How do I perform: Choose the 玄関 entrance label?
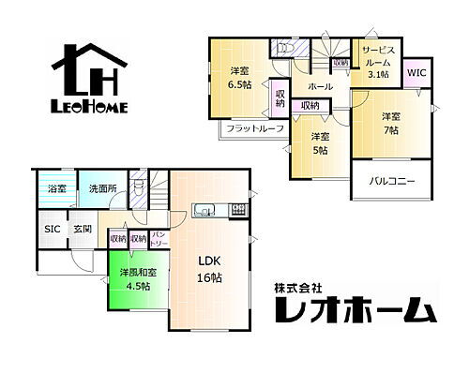pyautogui.click(x=83, y=229)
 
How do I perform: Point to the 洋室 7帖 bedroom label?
pyautogui.click(x=390, y=123)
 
